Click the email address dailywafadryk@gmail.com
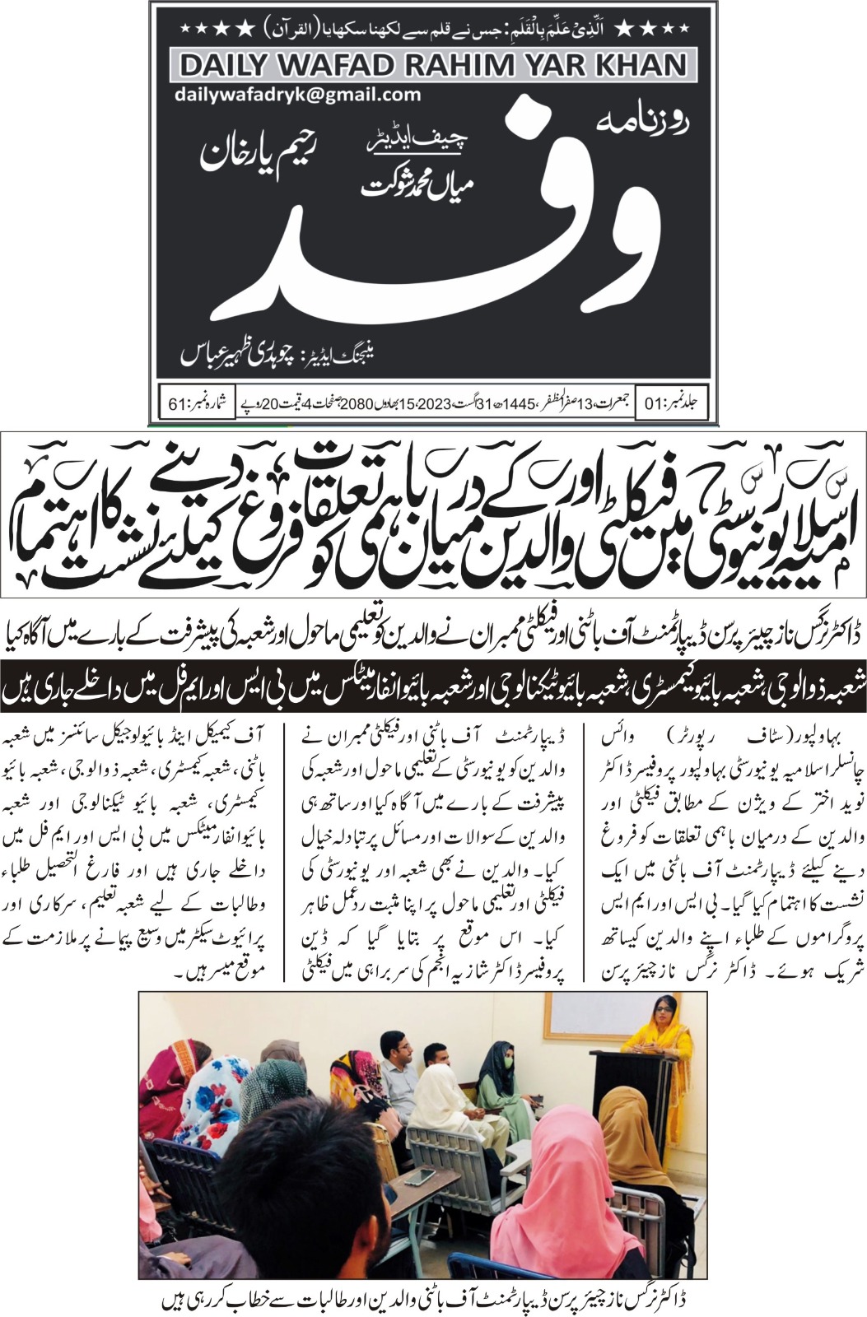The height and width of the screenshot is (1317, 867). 297,95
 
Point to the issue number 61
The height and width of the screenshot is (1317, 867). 179,405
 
